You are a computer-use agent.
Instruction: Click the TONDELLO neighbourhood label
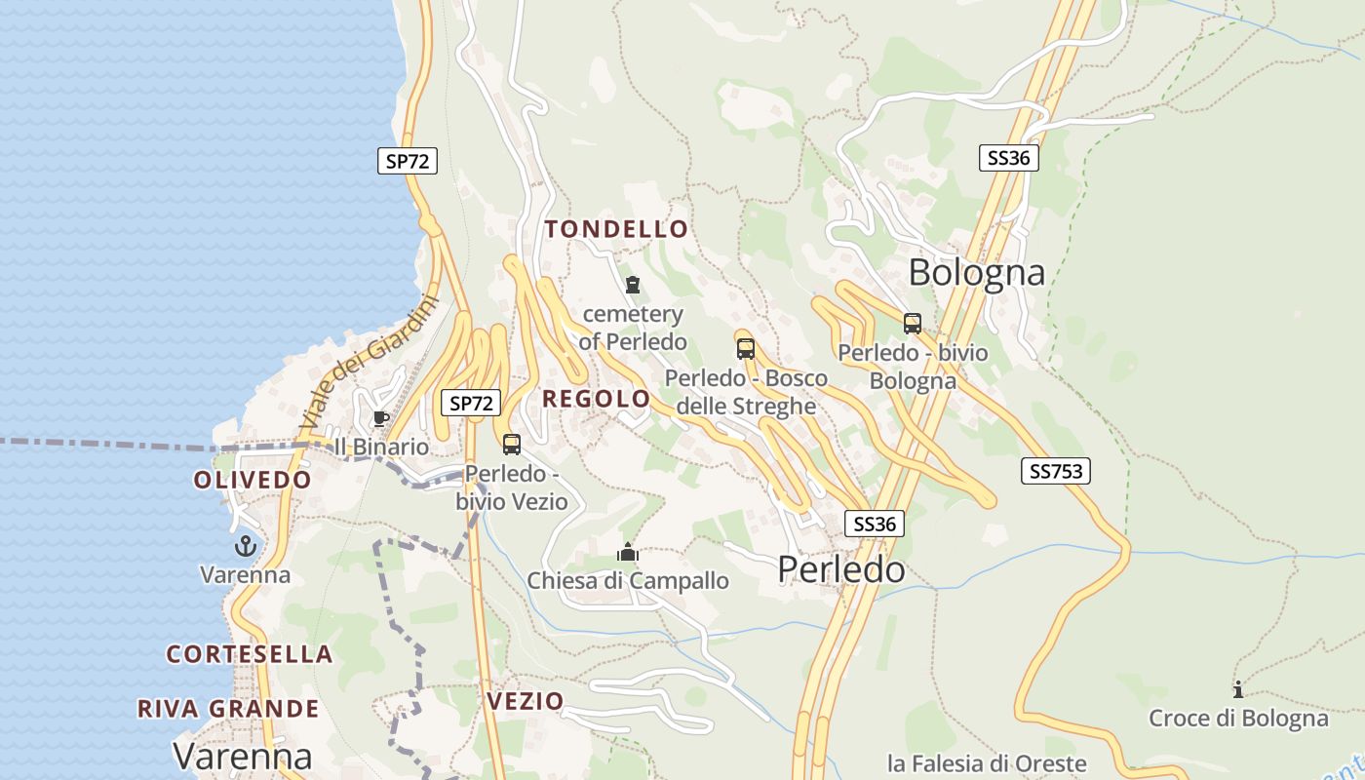616,230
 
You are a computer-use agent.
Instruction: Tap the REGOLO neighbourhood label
596,399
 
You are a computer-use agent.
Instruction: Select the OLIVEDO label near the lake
253,481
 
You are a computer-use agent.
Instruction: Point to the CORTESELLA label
250,654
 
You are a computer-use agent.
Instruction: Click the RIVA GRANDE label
228,709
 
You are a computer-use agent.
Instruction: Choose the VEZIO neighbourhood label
525,701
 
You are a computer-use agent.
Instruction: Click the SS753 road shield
1056,472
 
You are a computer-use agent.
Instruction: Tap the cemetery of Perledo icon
633,286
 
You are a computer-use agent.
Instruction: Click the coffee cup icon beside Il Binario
380,419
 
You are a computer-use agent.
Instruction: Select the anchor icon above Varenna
245,546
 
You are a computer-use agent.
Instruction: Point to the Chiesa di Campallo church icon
627,553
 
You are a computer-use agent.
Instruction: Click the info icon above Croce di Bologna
1238,690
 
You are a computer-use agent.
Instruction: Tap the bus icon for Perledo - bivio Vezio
512,445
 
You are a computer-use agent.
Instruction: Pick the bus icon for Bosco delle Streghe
746,348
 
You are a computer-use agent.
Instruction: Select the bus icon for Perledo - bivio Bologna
913,323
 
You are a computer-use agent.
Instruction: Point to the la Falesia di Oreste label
987,762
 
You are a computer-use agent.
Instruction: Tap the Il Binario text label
381,448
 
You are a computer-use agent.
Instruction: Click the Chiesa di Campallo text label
628,581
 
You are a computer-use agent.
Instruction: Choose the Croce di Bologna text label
1238,719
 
